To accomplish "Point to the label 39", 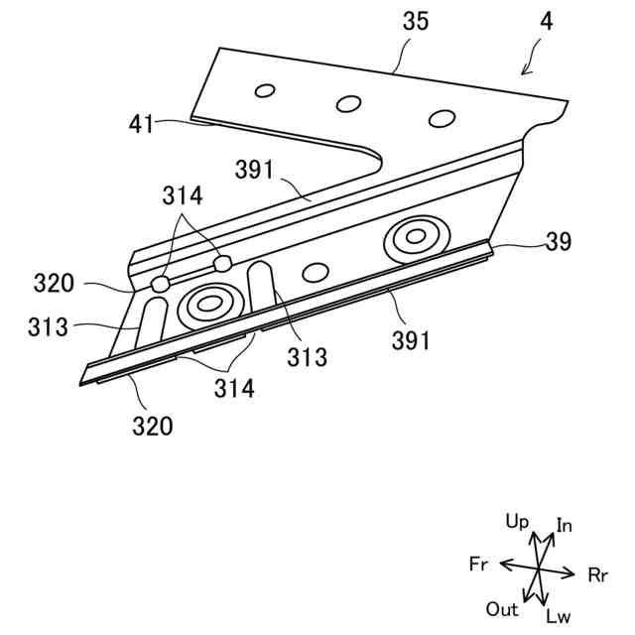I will tap(558, 241).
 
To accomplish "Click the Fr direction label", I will tap(478, 564).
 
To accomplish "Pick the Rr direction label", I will tap(598, 574).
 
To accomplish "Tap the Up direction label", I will tap(517, 520).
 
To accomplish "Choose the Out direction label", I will tap(502, 608).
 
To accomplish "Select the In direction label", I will tap(564, 525).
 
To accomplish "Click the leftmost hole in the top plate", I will tap(264, 91).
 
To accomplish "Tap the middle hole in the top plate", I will tap(348, 102).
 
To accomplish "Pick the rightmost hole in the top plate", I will tap(441, 118).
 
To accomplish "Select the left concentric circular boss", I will tap(209, 306).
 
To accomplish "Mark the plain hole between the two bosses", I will tap(316, 272).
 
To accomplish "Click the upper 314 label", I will tap(184, 196).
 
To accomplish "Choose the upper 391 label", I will tap(256, 170).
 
